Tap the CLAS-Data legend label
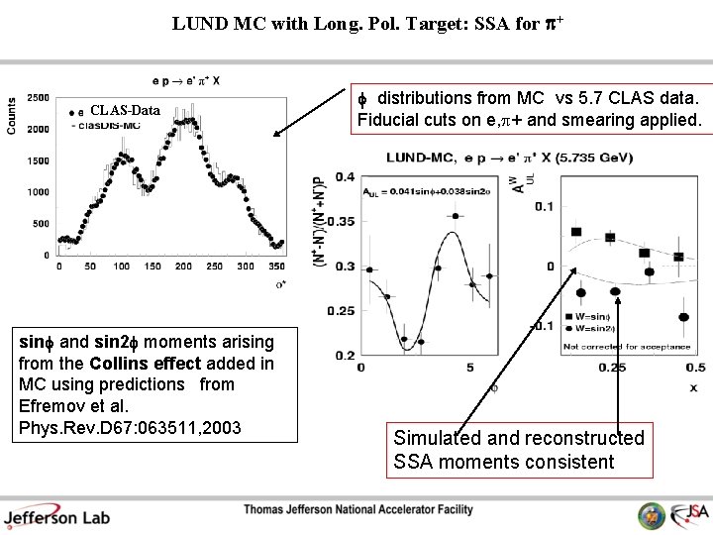pyautogui.click(x=124, y=110)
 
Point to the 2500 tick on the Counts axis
pyautogui.click(x=38, y=97)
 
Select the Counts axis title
pyautogui.click(x=12, y=116)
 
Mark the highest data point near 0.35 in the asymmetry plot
pyautogui.click(x=455, y=215)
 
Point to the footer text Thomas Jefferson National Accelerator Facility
pyautogui.click(x=358, y=509)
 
